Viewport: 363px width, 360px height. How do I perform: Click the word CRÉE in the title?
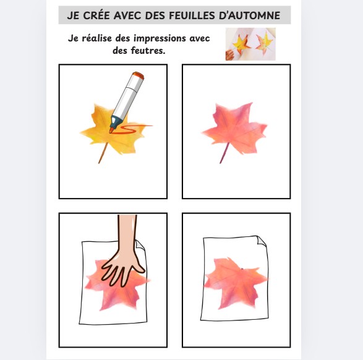[96, 15]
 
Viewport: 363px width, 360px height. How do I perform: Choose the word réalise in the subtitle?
[96, 38]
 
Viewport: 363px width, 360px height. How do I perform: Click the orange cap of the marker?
[138, 75]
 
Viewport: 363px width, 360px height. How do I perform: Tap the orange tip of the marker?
[111, 131]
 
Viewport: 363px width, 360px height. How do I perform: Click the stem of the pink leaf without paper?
[224, 153]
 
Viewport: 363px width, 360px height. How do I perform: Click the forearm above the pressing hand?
[127, 231]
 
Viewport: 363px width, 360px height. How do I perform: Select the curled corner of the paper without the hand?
[261, 241]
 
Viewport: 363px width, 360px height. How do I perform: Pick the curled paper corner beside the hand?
[140, 245]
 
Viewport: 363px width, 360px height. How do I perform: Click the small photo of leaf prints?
[250, 44]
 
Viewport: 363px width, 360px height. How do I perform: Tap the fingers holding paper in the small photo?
[229, 55]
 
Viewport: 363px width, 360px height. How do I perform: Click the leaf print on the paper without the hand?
[236, 283]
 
